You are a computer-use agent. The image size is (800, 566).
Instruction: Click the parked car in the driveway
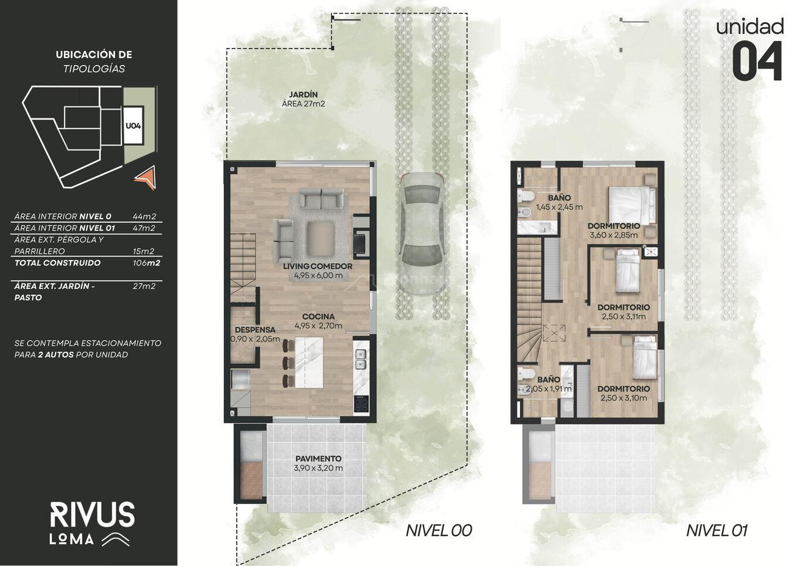point(423,234)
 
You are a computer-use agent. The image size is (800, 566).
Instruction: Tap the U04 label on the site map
point(133,126)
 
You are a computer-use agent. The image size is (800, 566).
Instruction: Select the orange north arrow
point(147,178)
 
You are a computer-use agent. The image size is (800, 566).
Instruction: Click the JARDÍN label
point(303,95)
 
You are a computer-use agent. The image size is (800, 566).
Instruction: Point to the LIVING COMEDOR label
point(318,266)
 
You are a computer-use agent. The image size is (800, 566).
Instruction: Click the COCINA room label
point(318,316)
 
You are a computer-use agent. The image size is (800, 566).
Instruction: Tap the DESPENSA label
point(255,330)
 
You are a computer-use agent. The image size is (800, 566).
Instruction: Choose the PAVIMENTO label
point(318,459)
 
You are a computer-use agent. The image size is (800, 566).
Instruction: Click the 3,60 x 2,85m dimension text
point(614,235)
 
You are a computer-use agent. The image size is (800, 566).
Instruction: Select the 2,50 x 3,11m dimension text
point(624,316)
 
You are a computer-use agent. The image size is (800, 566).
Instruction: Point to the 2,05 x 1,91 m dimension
point(549,388)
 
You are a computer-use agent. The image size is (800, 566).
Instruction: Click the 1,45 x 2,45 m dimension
point(559,207)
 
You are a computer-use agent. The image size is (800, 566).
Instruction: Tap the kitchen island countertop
point(309,363)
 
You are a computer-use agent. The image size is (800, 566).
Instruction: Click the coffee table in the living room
point(321,238)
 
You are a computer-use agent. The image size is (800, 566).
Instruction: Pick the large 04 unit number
point(757,61)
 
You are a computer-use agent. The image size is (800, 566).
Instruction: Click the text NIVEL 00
point(438,531)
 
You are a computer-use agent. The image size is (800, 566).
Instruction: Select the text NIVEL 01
point(717,531)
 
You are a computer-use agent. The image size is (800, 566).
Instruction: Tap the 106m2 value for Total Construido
point(146,263)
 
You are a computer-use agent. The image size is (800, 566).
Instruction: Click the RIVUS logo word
point(93,514)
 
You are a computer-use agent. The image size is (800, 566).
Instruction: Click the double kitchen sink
point(360,359)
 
